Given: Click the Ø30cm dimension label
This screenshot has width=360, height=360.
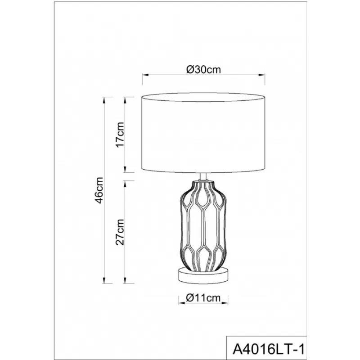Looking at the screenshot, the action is [x=203, y=70].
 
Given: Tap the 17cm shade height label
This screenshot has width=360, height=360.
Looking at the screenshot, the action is [x=120, y=135].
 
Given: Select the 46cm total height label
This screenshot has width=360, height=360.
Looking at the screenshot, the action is [x=99, y=190].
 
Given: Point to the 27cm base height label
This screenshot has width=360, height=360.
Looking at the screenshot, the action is [x=120, y=232].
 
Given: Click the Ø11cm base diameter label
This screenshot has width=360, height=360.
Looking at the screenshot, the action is [x=203, y=298].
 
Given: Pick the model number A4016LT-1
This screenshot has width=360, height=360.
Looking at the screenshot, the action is [x=269, y=350].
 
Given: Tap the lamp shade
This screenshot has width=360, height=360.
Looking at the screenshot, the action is [x=203, y=133].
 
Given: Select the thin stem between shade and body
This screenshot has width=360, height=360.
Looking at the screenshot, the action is [x=203, y=177].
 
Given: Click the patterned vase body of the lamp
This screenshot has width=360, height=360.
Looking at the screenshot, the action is [x=203, y=226].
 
